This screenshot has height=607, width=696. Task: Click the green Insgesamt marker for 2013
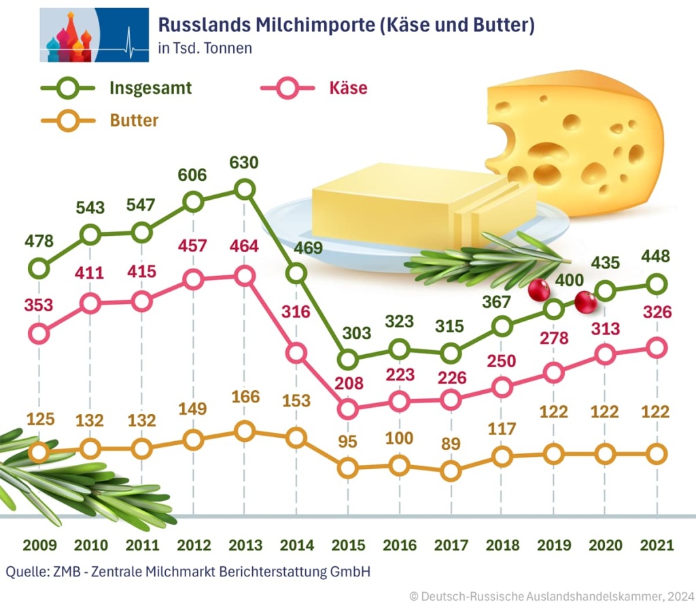245,189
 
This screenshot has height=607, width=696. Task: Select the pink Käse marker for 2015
348,409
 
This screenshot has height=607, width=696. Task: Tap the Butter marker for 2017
450,470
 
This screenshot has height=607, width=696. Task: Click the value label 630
244,163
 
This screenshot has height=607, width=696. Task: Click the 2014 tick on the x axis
296,545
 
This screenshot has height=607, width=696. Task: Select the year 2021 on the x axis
656,545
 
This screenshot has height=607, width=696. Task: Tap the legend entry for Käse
347,88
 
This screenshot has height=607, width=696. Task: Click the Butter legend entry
134,121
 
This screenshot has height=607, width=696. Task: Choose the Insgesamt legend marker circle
67,88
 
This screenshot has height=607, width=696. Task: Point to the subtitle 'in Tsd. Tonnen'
205,48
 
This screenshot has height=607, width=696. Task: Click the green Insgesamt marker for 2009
39,268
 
